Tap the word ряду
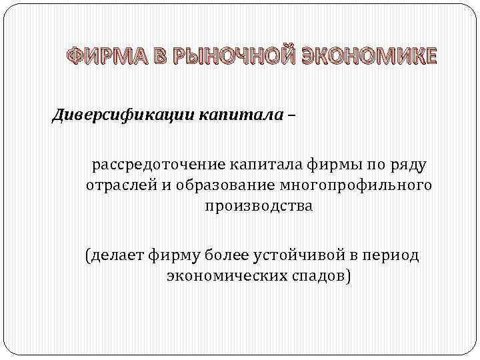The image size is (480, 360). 409,164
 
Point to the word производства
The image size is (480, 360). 258,206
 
